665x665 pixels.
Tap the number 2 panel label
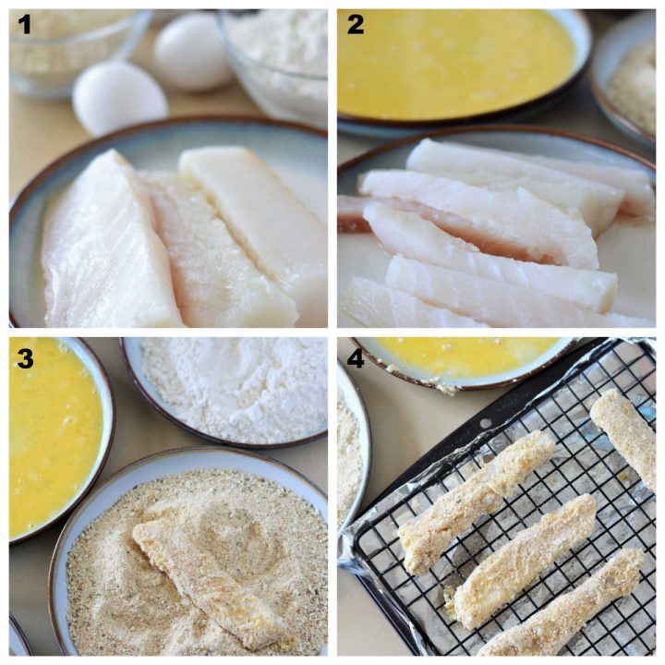355,25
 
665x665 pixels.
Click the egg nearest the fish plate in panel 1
120,97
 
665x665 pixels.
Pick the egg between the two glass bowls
192,52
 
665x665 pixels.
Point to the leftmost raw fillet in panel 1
106,245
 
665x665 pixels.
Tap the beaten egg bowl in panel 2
457,65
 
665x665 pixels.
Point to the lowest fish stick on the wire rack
563,605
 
